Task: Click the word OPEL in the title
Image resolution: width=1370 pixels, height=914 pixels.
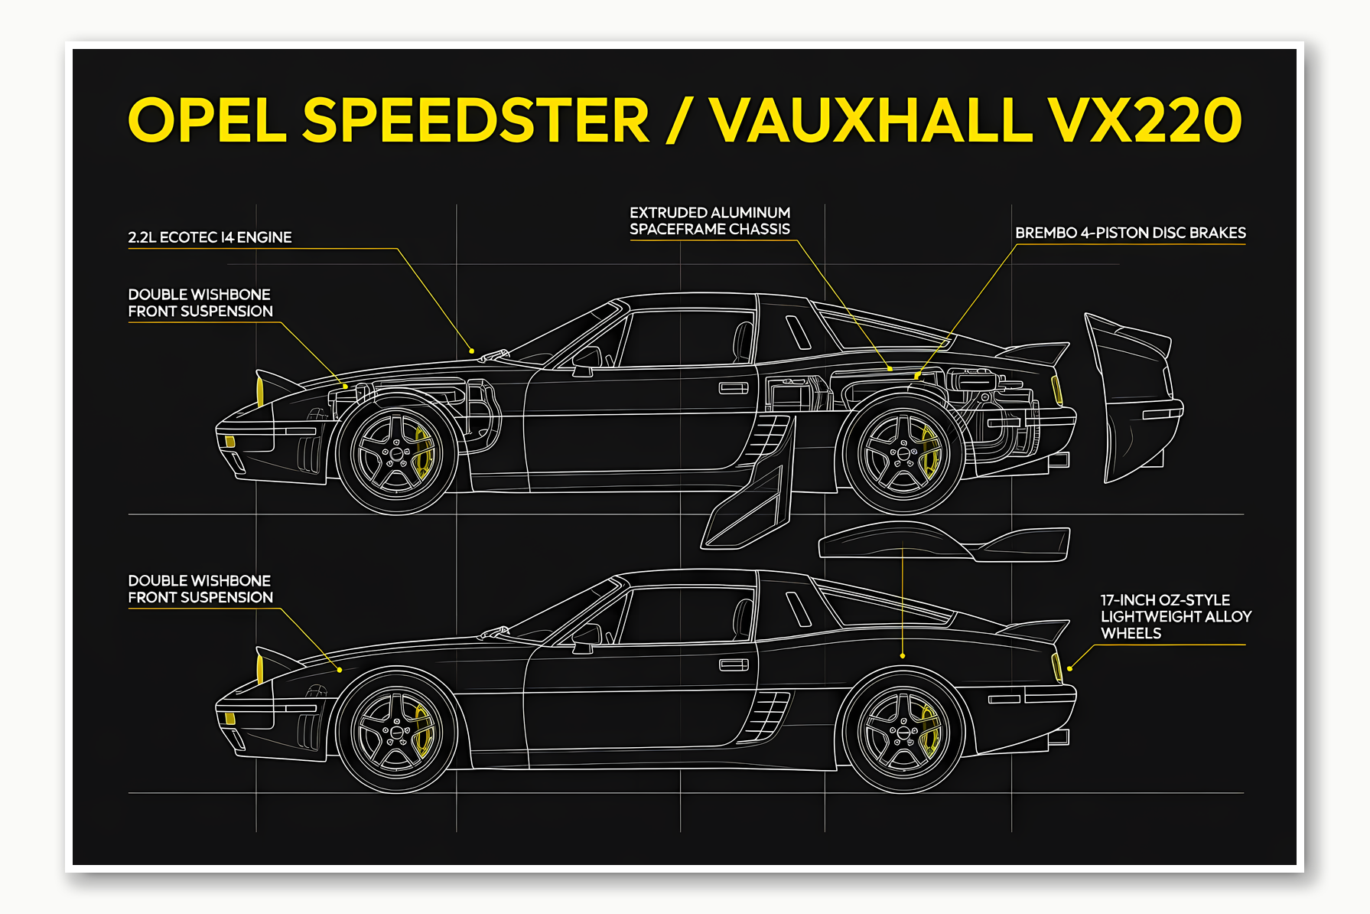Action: click(207, 120)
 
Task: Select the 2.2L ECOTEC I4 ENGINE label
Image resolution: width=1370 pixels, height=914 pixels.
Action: click(210, 237)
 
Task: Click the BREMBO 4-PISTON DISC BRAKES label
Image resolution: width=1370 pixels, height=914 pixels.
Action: click(1130, 233)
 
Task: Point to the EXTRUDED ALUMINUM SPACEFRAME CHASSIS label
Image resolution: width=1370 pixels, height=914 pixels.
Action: click(709, 220)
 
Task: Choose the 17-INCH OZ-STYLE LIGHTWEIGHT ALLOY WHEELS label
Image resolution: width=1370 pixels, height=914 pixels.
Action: click(1175, 616)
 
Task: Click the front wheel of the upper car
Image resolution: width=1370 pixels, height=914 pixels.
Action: click(396, 454)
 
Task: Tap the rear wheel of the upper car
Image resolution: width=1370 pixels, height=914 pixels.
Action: click(903, 454)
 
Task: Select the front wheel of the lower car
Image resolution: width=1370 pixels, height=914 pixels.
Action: click(396, 733)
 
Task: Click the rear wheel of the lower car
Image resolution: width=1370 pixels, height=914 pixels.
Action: click(903, 733)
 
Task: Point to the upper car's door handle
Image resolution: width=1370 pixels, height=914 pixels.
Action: click(733, 388)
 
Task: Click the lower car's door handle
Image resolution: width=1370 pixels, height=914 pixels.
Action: click(733, 664)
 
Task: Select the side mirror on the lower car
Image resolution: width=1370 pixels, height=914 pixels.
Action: click(585, 635)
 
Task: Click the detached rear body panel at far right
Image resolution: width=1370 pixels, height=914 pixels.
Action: click(1131, 398)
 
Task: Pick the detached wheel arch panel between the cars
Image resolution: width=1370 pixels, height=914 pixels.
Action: click(942, 541)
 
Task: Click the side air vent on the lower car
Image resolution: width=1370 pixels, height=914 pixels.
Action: click(769, 716)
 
